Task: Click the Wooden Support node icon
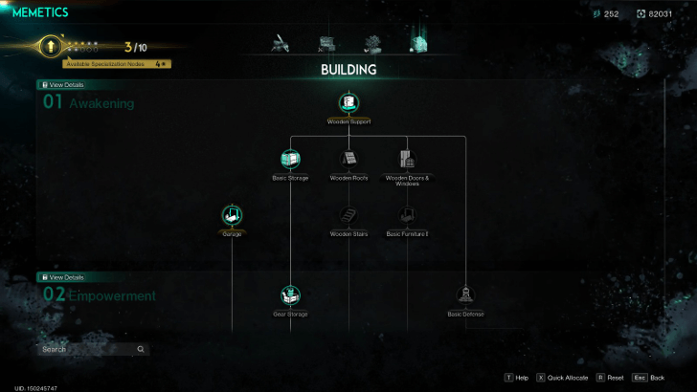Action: (x=348, y=102)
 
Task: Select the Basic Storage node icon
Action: (x=290, y=159)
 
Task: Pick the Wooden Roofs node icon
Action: (x=348, y=159)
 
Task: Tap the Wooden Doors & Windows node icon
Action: (x=407, y=159)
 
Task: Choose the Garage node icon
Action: (x=232, y=215)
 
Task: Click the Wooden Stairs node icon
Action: (x=348, y=215)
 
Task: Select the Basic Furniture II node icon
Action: (x=407, y=215)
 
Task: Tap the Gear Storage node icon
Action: (x=290, y=295)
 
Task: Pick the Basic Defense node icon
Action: (x=465, y=295)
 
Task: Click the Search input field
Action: (x=86, y=349)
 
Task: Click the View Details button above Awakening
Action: (x=63, y=85)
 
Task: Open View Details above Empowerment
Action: (x=63, y=277)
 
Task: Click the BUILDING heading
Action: (x=348, y=70)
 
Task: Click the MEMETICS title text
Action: (x=40, y=12)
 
